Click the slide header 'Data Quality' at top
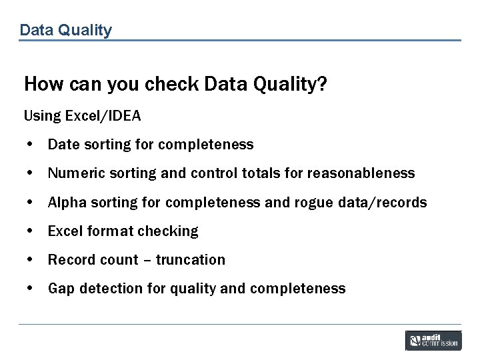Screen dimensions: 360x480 (x=65, y=30)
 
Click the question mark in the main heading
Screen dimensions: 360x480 (x=321, y=85)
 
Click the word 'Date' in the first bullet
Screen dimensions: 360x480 (x=63, y=145)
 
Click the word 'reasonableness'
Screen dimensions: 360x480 (x=361, y=173)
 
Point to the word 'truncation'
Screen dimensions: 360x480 (x=191, y=260)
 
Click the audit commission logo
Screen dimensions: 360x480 (x=433, y=341)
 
